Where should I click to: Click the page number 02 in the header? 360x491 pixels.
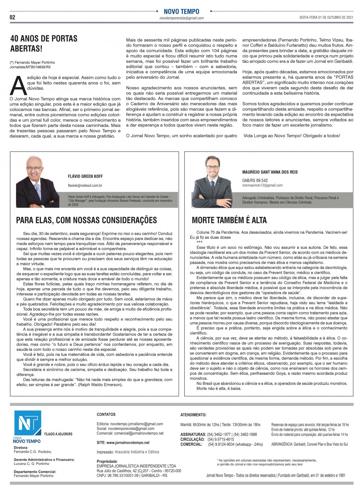(x=13, y=17)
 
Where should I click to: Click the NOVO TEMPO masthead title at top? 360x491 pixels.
(x=181, y=12)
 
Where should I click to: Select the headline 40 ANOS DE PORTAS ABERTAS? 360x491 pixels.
(x=44, y=44)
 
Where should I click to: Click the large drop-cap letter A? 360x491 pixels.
(x=18, y=86)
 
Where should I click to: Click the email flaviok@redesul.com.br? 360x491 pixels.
(x=85, y=185)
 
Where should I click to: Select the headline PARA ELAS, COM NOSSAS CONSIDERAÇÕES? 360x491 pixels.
(x=86, y=220)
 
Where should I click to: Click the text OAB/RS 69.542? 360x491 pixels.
(x=255, y=180)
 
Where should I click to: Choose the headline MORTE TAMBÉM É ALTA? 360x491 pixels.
(x=229, y=220)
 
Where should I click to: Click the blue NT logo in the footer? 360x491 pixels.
(x=28, y=423)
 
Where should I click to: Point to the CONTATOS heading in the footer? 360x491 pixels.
(x=106, y=414)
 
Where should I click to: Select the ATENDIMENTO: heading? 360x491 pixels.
(x=193, y=415)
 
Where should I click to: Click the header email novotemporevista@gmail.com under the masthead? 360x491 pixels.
(x=181, y=18)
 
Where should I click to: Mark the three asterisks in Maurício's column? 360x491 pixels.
(x=199, y=242)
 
